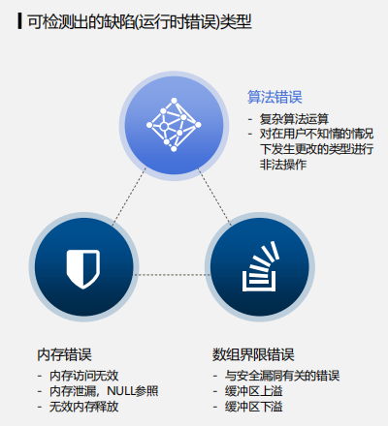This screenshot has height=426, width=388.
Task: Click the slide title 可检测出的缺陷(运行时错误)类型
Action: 140,22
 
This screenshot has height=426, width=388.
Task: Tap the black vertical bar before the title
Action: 20,21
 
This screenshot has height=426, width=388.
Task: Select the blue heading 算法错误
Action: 275,97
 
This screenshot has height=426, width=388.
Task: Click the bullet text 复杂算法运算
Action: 294,119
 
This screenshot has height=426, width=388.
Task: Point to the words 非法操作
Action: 283,165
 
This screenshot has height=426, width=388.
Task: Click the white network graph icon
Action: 174,125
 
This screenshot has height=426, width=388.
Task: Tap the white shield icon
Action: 83,269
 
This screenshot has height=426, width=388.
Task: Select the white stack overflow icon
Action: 260,266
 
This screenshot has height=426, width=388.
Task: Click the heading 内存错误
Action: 65,354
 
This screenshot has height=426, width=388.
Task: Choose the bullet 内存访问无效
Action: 84,376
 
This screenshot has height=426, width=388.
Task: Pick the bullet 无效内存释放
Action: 84,407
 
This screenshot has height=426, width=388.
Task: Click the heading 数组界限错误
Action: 253,354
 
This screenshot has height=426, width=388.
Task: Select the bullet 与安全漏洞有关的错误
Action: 282,376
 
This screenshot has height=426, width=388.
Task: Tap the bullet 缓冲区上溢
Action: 254,391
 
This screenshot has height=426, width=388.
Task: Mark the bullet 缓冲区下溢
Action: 254,407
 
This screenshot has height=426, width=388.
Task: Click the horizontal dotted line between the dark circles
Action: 172,275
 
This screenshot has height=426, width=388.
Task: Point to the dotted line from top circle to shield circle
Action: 129,197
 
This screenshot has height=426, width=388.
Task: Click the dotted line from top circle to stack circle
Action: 214,197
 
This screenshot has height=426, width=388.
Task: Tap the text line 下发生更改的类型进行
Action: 317,149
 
